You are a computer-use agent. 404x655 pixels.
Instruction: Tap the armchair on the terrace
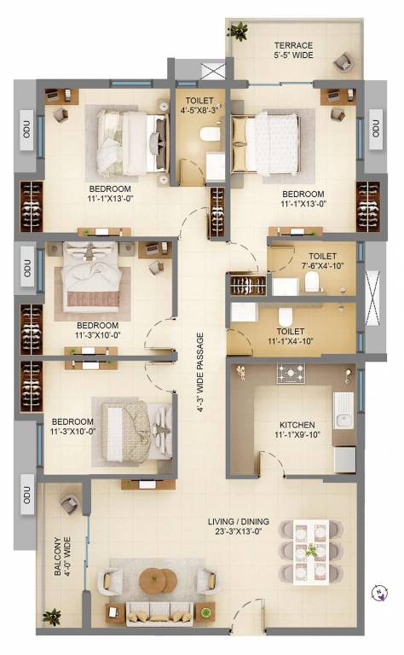(343, 61)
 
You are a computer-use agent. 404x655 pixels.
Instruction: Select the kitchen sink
(345, 408)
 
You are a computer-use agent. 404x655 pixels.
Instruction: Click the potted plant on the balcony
(54, 616)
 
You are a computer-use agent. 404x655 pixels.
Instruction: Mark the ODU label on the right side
(375, 129)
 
